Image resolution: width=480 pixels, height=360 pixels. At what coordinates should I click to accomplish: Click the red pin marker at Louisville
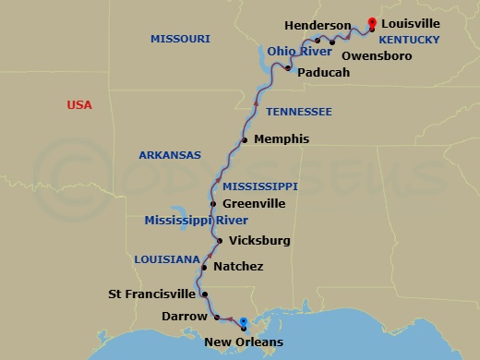tap(372, 22)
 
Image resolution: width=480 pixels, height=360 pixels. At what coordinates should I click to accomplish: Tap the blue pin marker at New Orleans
tap(243, 323)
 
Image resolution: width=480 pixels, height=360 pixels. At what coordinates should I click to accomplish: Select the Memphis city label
tap(281, 139)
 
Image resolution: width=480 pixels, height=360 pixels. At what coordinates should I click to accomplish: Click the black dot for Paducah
tap(288, 69)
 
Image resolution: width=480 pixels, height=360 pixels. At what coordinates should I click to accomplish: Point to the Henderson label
tap(318, 26)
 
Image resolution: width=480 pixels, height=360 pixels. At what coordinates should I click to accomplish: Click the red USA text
tap(79, 105)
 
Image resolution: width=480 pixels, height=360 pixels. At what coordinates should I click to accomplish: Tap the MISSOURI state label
tap(180, 39)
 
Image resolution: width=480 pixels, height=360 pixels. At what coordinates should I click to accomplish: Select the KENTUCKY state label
tap(409, 41)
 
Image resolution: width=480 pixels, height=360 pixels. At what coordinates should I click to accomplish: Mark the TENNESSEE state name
tap(298, 112)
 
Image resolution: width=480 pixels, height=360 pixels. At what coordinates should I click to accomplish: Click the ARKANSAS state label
tap(170, 155)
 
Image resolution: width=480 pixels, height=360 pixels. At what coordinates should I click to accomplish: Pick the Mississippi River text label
tap(196, 220)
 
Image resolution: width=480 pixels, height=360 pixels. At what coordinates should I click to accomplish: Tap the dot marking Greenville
tap(213, 204)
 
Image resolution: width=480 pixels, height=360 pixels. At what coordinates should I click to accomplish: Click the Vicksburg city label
tap(259, 241)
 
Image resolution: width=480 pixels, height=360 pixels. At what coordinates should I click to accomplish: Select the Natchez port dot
tap(203, 267)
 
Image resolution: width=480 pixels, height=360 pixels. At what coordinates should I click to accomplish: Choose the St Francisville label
tap(151, 295)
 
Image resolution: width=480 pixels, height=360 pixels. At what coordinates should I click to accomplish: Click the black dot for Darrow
tap(217, 317)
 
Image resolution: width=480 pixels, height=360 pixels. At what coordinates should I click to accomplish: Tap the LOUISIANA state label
tap(166, 259)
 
